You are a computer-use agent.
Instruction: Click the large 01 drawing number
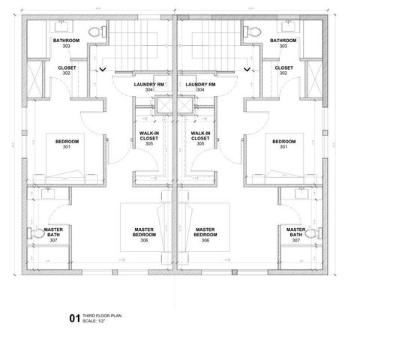(x=74, y=318)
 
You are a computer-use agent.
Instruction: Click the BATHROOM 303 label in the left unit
(x=66, y=43)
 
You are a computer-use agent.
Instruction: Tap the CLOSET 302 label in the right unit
(x=283, y=70)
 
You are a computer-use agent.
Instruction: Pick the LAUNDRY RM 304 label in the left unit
(x=148, y=87)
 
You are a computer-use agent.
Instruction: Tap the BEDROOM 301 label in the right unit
(x=283, y=143)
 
